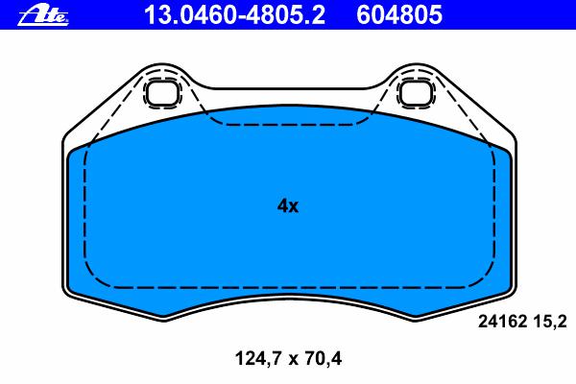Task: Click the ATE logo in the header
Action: pyautogui.click(x=43, y=15)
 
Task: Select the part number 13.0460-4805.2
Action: pyautogui.click(x=235, y=15)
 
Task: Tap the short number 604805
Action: pyautogui.click(x=399, y=15)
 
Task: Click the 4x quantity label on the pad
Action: pyautogui.click(x=288, y=206)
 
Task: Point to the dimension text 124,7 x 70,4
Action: pyautogui.click(x=288, y=359)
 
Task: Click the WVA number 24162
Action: pyautogui.click(x=502, y=323)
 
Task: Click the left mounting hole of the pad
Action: pyautogui.click(x=162, y=92)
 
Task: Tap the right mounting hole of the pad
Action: pyautogui.click(x=416, y=92)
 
